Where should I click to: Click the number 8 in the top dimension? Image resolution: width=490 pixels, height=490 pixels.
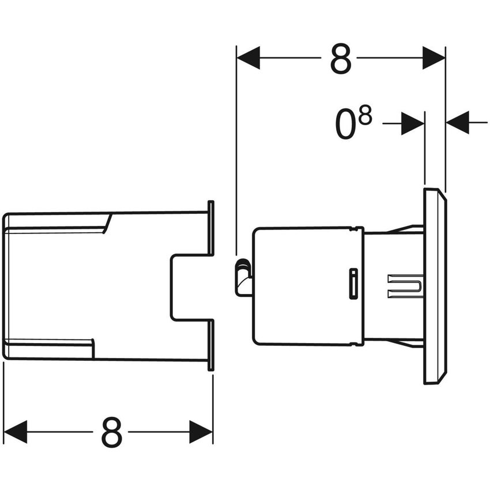pyautogui.click(x=340, y=58)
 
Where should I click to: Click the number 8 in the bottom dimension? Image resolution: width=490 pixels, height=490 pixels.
pyautogui.click(x=112, y=432)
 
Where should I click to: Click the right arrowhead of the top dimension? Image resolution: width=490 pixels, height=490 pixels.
pyautogui.click(x=434, y=58)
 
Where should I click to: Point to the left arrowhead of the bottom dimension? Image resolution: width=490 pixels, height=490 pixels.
pyautogui.click(x=16, y=432)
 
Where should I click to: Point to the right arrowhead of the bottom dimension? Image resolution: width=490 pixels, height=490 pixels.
pyautogui.click(x=201, y=432)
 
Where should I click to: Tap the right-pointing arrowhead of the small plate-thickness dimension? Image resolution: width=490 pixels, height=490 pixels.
pyautogui.click(x=413, y=123)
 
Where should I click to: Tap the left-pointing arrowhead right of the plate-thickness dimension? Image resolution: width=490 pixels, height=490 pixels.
pyautogui.click(x=458, y=123)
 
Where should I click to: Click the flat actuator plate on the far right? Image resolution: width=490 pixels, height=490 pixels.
pyautogui.click(x=435, y=286)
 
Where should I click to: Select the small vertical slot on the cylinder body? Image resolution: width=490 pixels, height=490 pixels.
pyautogui.click(x=352, y=283)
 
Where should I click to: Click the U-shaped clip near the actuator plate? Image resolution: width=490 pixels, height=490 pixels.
pyautogui.click(x=406, y=286)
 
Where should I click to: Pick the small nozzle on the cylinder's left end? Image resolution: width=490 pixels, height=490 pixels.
pyautogui.click(x=243, y=277)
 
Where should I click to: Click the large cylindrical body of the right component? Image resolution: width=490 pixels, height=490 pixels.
pyautogui.click(x=300, y=286)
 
